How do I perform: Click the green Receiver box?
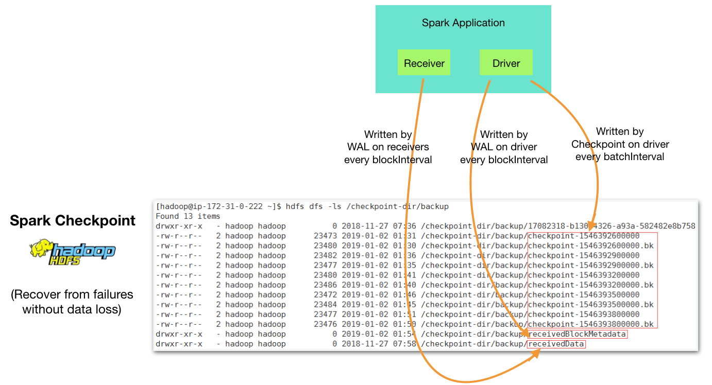[x=423, y=63]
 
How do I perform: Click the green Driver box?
[x=506, y=63]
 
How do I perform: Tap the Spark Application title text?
[x=463, y=23]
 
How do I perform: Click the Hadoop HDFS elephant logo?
[x=73, y=252]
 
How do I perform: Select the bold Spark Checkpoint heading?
[x=73, y=221]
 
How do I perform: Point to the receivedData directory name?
[x=556, y=344]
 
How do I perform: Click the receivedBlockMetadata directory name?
[x=577, y=334]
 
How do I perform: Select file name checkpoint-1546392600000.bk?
[x=590, y=246]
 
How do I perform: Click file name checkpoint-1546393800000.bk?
[x=590, y=324]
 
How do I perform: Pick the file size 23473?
[x=325, y=236]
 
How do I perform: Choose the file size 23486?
[x=325, y=285]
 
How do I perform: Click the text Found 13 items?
[x=188, y=216]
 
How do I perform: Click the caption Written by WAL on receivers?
[x=388, y=147]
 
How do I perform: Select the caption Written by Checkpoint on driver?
[x=620, y=144]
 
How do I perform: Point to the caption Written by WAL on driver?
[x=504, y=147]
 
